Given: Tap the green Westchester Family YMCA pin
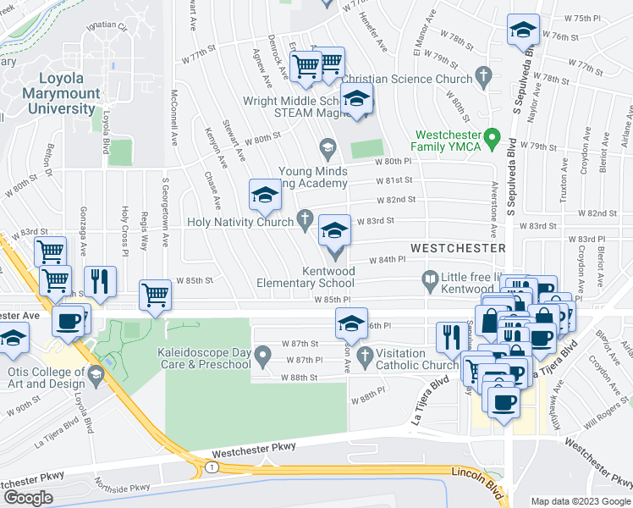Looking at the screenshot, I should tap(499, 135).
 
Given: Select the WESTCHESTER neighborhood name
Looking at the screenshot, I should tap(457, 247).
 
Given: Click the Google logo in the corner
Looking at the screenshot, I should tap(28, 497).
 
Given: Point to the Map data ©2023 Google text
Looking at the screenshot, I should tap(580, 501).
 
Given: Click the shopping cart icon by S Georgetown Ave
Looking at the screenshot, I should tap(155, 296).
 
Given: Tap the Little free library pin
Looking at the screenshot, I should tap(430, 279).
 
